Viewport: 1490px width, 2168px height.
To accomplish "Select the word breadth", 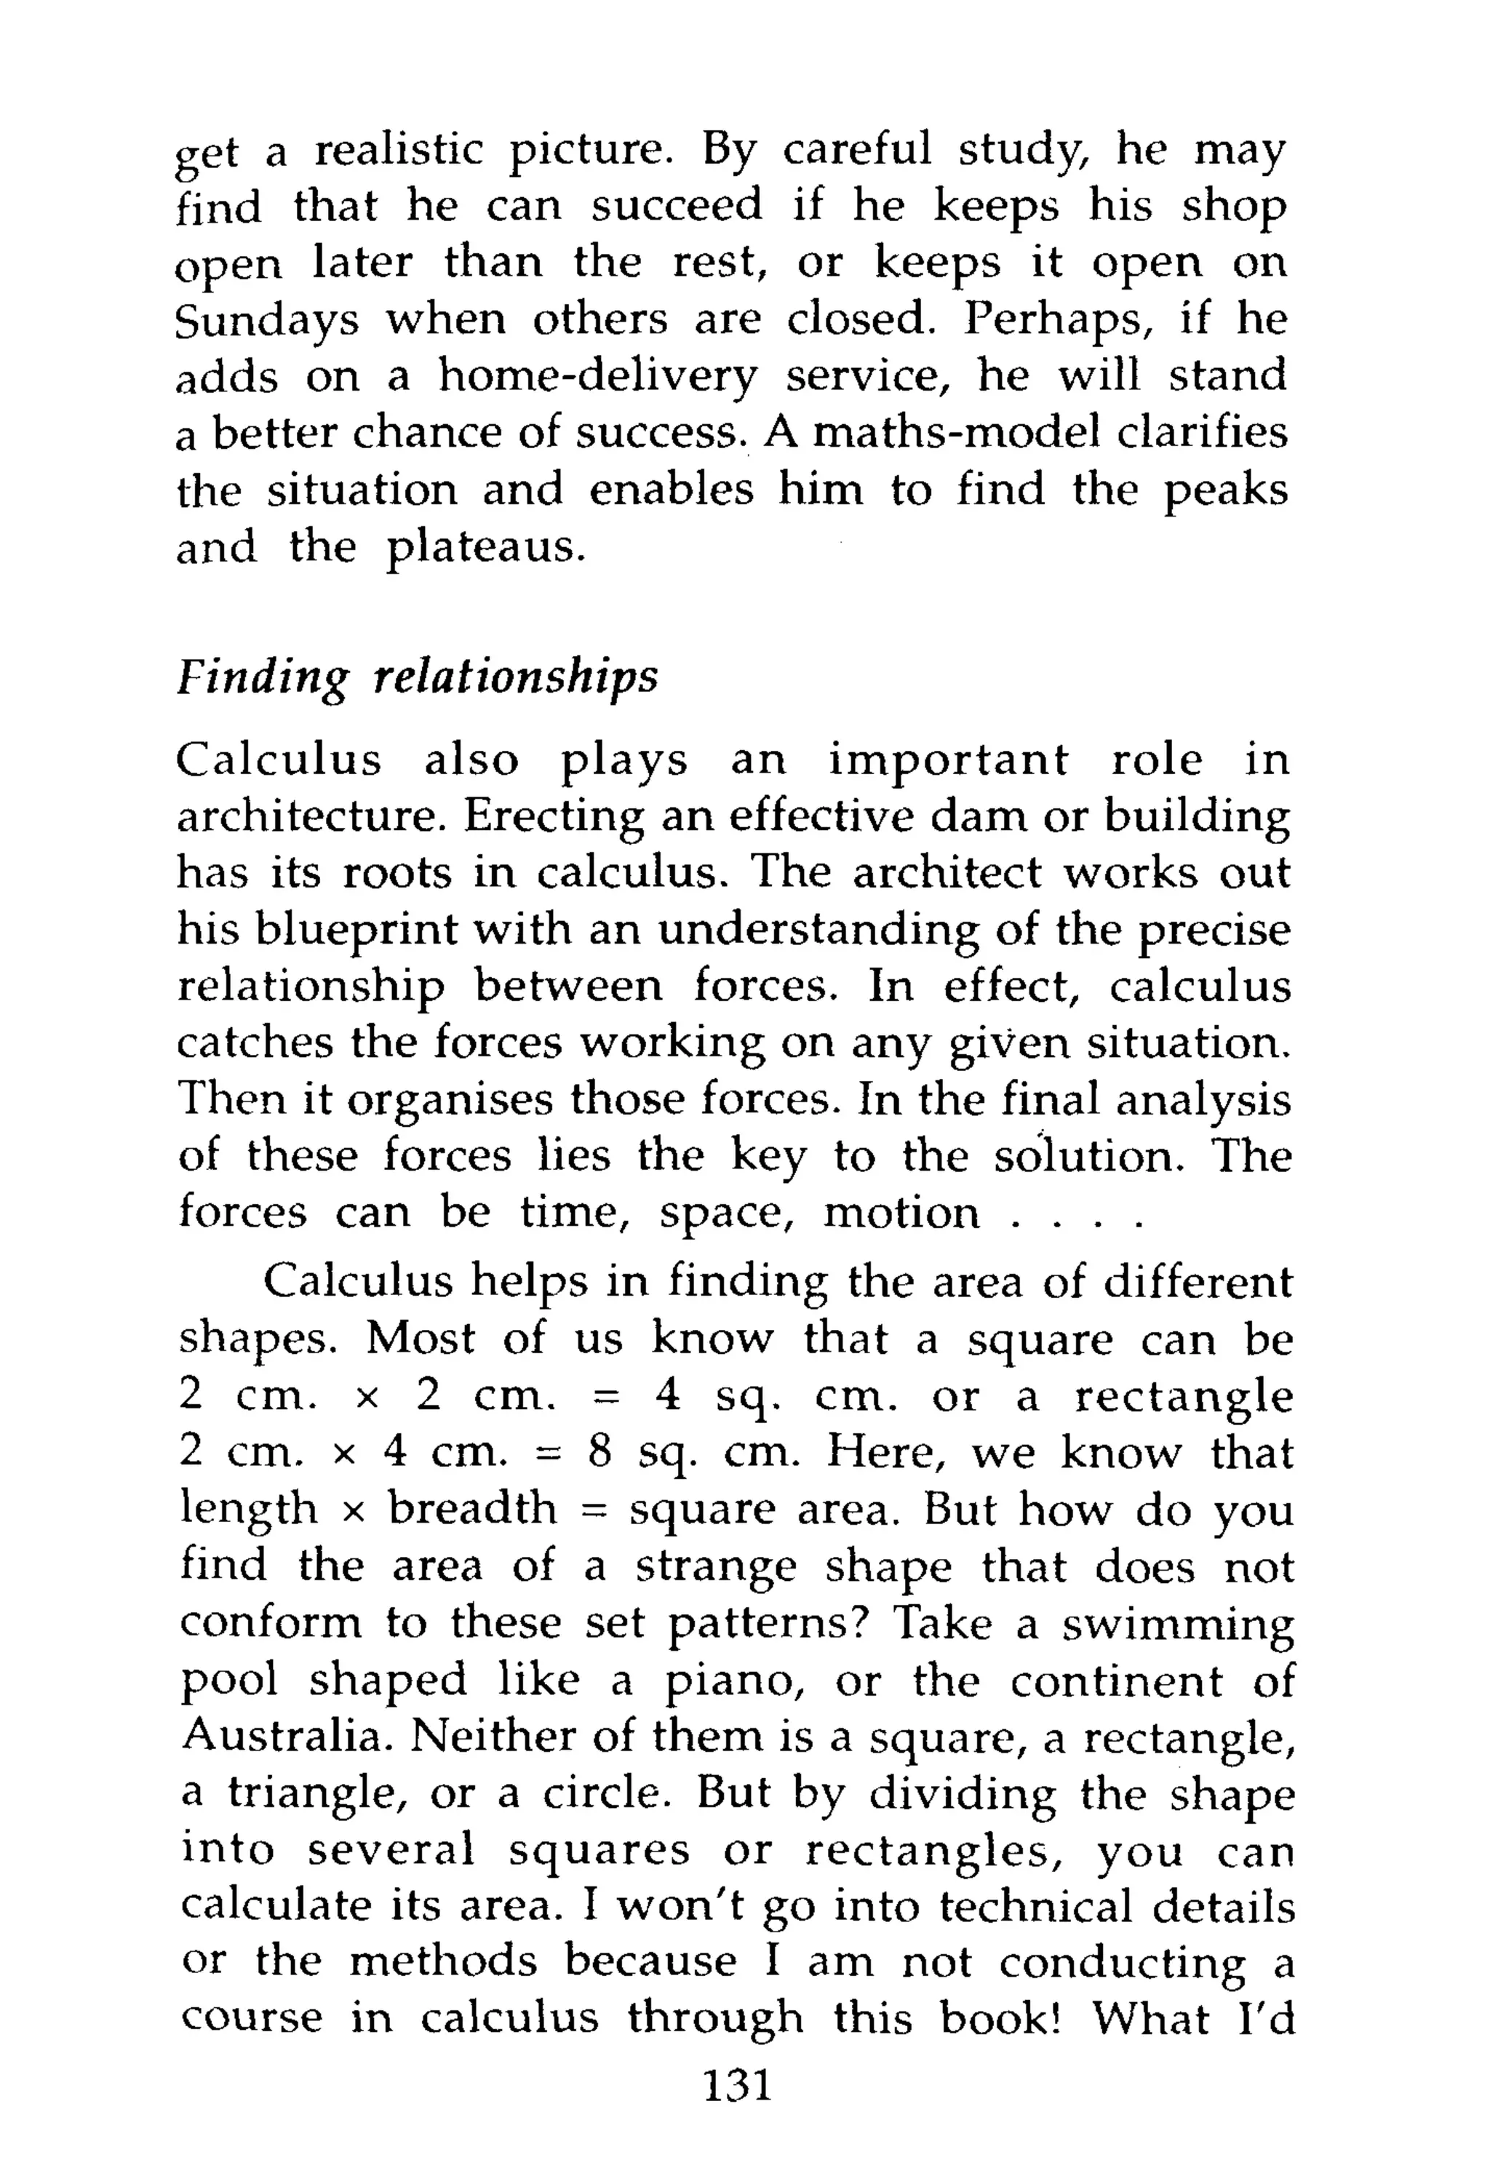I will (472, 1509).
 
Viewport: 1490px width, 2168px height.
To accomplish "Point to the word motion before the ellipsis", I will (902, 1214).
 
